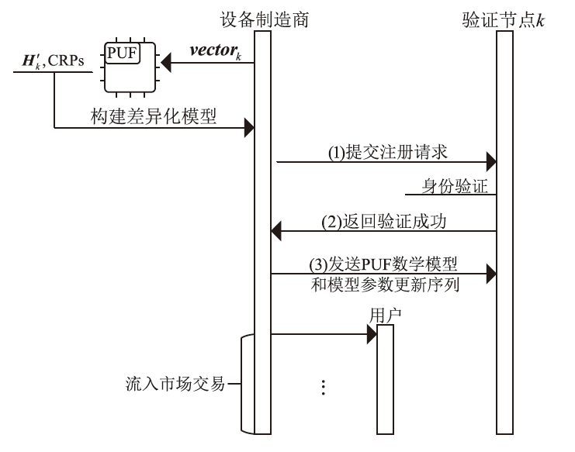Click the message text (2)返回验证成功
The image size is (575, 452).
coord(386,221)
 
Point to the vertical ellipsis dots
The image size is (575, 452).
coord(321,388)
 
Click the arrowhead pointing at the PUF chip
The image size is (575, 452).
coord(165,67)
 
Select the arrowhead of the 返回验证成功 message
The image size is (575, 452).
coord(275,230)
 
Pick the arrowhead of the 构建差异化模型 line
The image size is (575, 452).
coord(249,126)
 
